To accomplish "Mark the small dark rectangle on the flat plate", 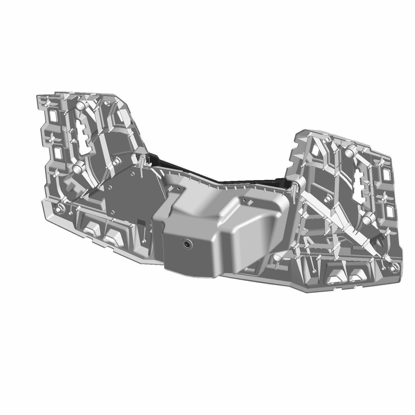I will (141, 222).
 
